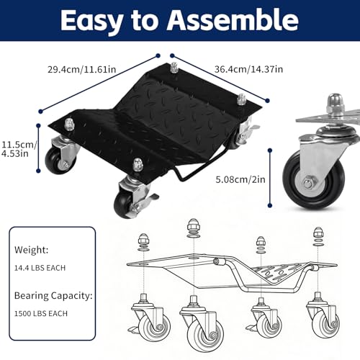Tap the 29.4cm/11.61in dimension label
click(x=82, y=69)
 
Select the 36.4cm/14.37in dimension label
click(x=248, y=69)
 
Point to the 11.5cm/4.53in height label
click(x=19, y=149)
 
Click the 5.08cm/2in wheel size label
click(x=240, y=179)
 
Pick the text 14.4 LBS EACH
click(x=40, y=268)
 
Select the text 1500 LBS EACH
click(x=41, y=313)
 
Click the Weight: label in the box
click(x=31, y=250)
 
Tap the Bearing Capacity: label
click(x=53, y=296)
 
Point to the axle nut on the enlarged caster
click(x=307, y=184)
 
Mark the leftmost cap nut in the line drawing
click(x=143, y=239)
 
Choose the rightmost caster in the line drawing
click(x=323, y=317)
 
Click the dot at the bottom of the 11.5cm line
click(x=38, y=171)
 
